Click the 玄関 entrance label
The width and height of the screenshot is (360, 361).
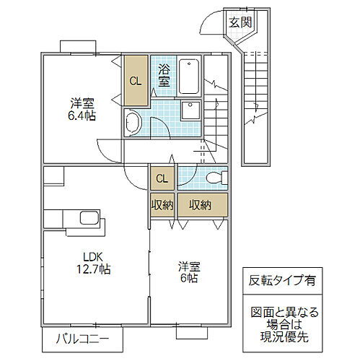click(240, 22)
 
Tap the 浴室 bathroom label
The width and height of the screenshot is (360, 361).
click(164, 75)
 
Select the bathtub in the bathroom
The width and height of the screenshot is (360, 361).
click(188, 76)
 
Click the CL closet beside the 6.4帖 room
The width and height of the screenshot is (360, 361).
click(135, 79)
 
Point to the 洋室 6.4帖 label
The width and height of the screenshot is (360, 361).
click(79, 108)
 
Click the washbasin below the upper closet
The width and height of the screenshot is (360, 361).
click(133, 122)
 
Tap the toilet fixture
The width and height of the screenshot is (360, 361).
click(214, 178)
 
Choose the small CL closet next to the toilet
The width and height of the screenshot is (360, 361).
click(162, 178)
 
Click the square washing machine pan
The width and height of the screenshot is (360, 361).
click(190, 110)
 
